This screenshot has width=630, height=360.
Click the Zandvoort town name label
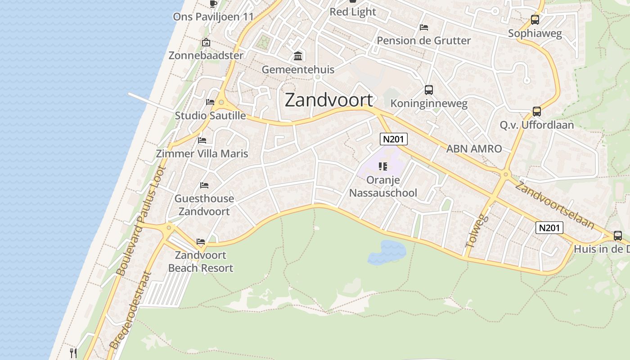pos(329,100)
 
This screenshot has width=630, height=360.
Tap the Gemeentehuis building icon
pos(298,56)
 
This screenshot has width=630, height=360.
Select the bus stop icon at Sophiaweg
pos(535,20)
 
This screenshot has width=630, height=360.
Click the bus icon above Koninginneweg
pos(428,90)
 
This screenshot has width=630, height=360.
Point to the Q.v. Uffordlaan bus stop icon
pos(536,112)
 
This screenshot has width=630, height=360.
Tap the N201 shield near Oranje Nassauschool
pos(393,139)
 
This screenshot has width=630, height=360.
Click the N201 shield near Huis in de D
pos(549,228)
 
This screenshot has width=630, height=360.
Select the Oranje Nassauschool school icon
pos(383,167)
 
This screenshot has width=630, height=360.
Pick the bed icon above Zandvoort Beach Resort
pos(201,242)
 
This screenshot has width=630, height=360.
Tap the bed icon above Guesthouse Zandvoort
pos(204,185)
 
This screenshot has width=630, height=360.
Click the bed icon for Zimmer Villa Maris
pos(202,140)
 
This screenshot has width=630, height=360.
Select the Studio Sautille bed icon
pos(210,102)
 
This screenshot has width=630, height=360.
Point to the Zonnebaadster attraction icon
pos(206,43)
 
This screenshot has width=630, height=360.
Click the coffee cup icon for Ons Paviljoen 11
pos(213,4)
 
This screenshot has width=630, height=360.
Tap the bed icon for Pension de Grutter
pos(423,27)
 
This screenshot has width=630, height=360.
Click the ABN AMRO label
pos(474,148)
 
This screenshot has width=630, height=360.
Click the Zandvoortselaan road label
pos(554,205)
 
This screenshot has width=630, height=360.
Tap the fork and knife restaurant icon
pos(74,353)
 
